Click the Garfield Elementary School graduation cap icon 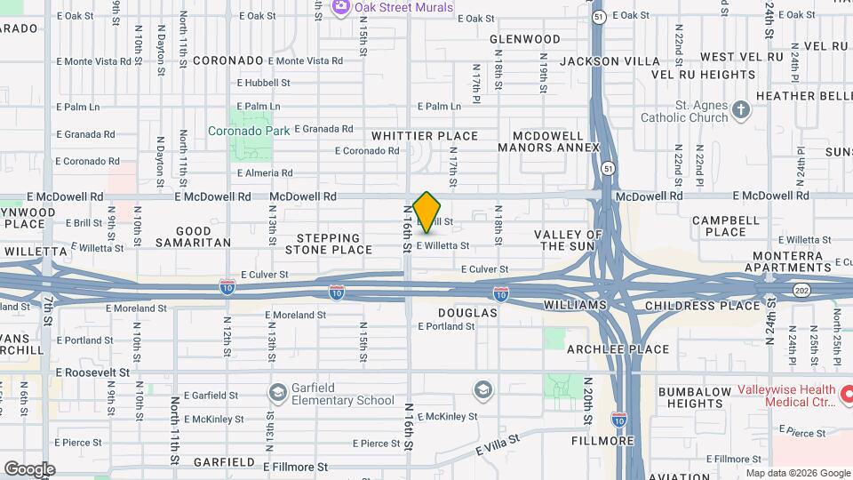coord(278,391)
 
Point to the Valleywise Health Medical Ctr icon coord(847,392)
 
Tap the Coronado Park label coord(249,131)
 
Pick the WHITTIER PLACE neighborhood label coord(425,136)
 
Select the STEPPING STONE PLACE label coord(329,244)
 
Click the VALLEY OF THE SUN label coord(569,240)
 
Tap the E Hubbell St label coord(264,83)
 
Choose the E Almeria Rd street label coord(264,173)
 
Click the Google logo coord(29,468)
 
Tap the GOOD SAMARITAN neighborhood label coord(193,236)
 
